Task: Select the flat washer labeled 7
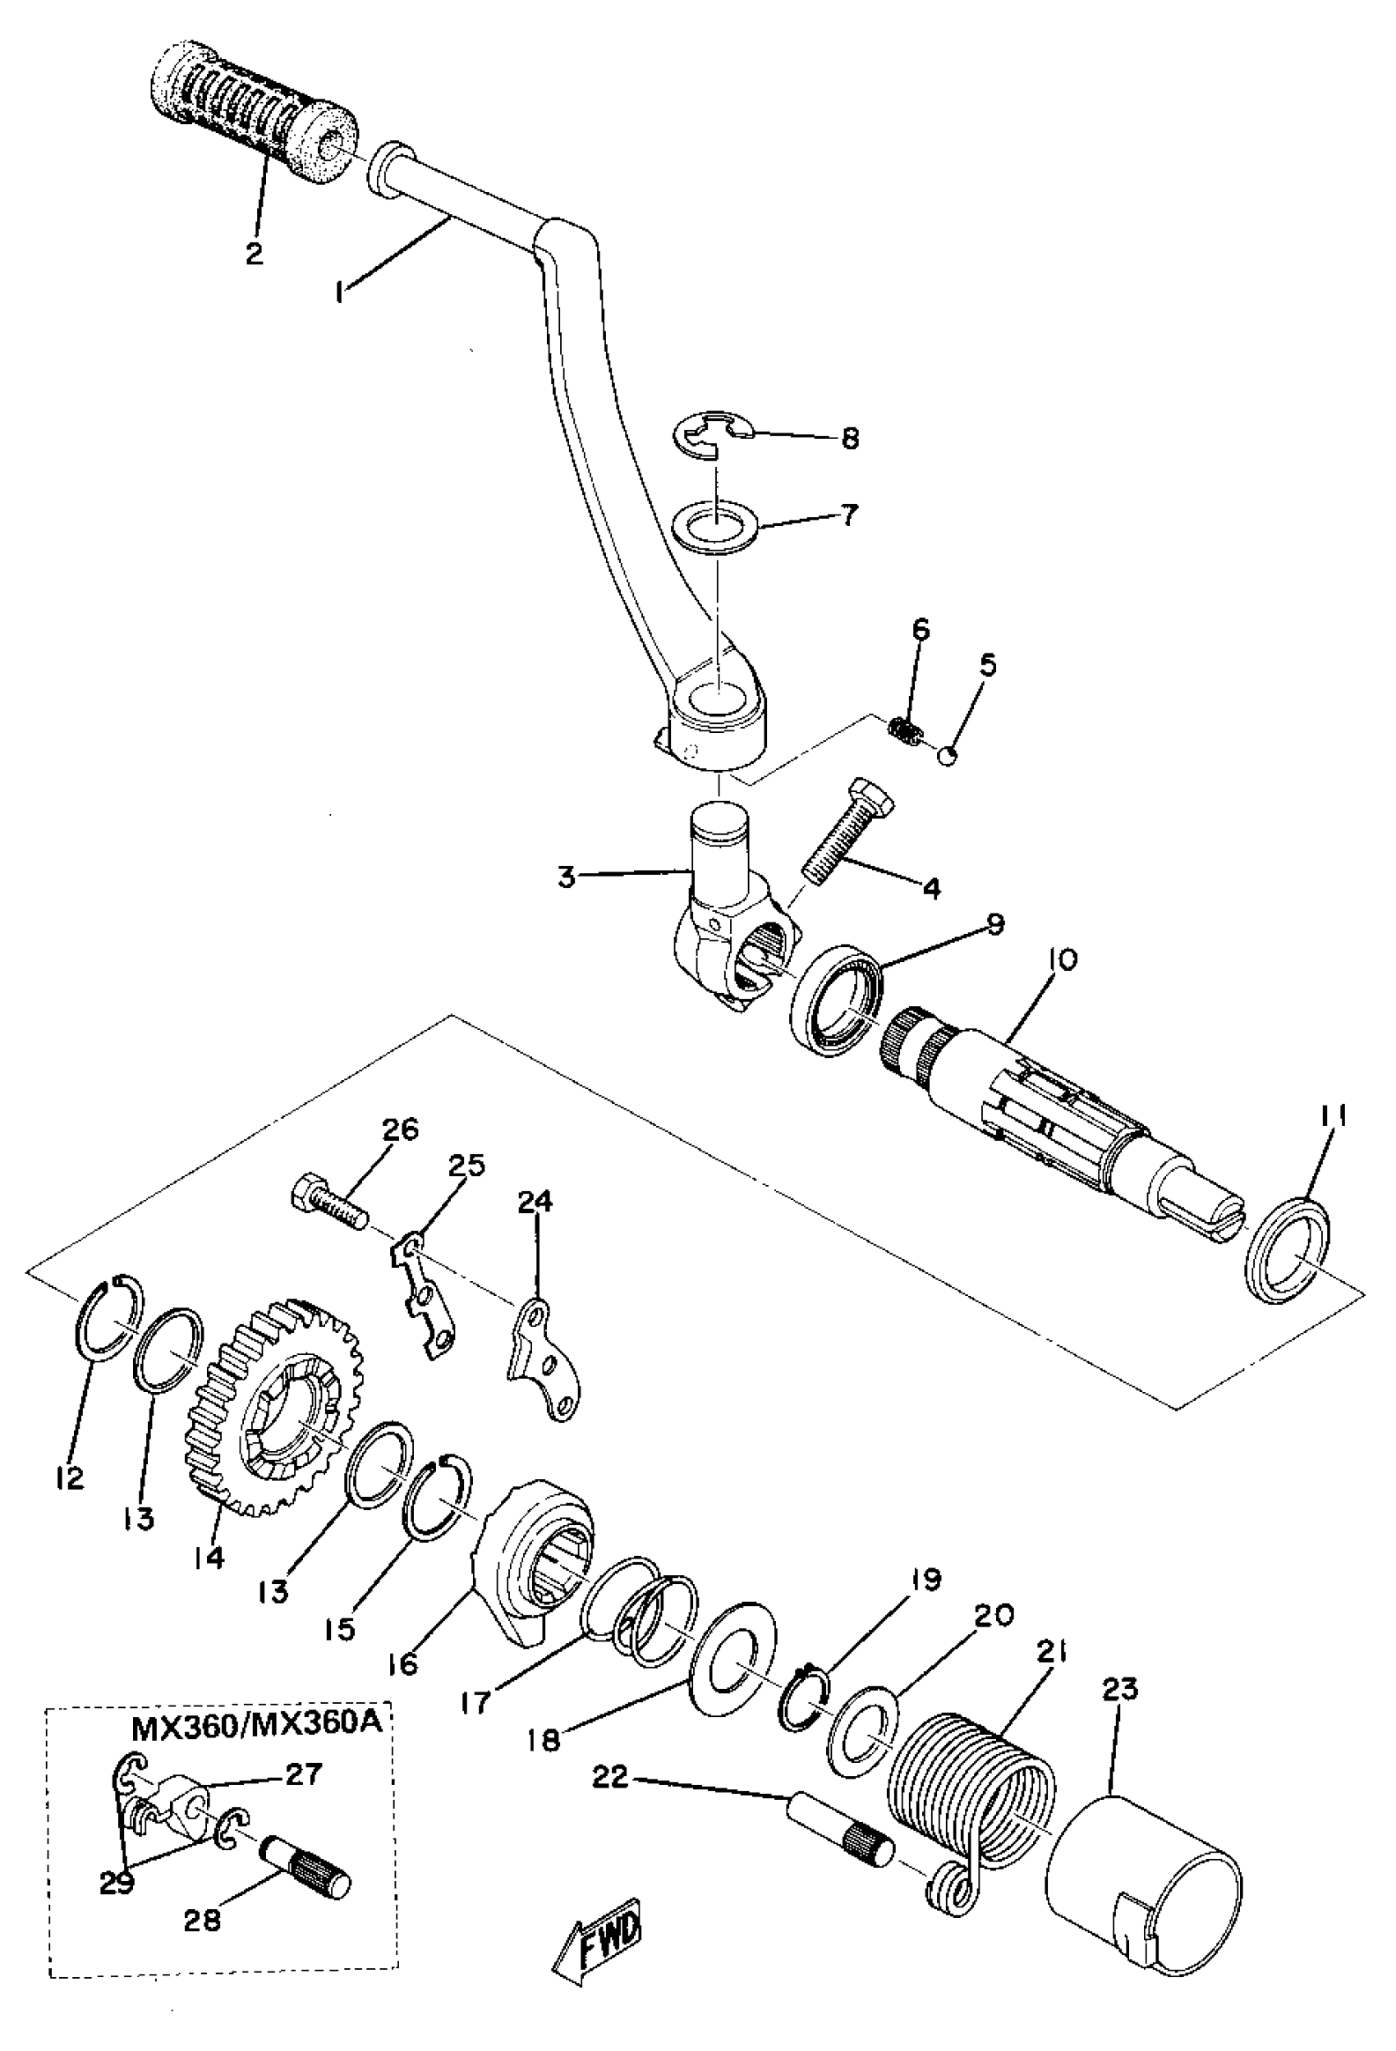pos(716,529)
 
